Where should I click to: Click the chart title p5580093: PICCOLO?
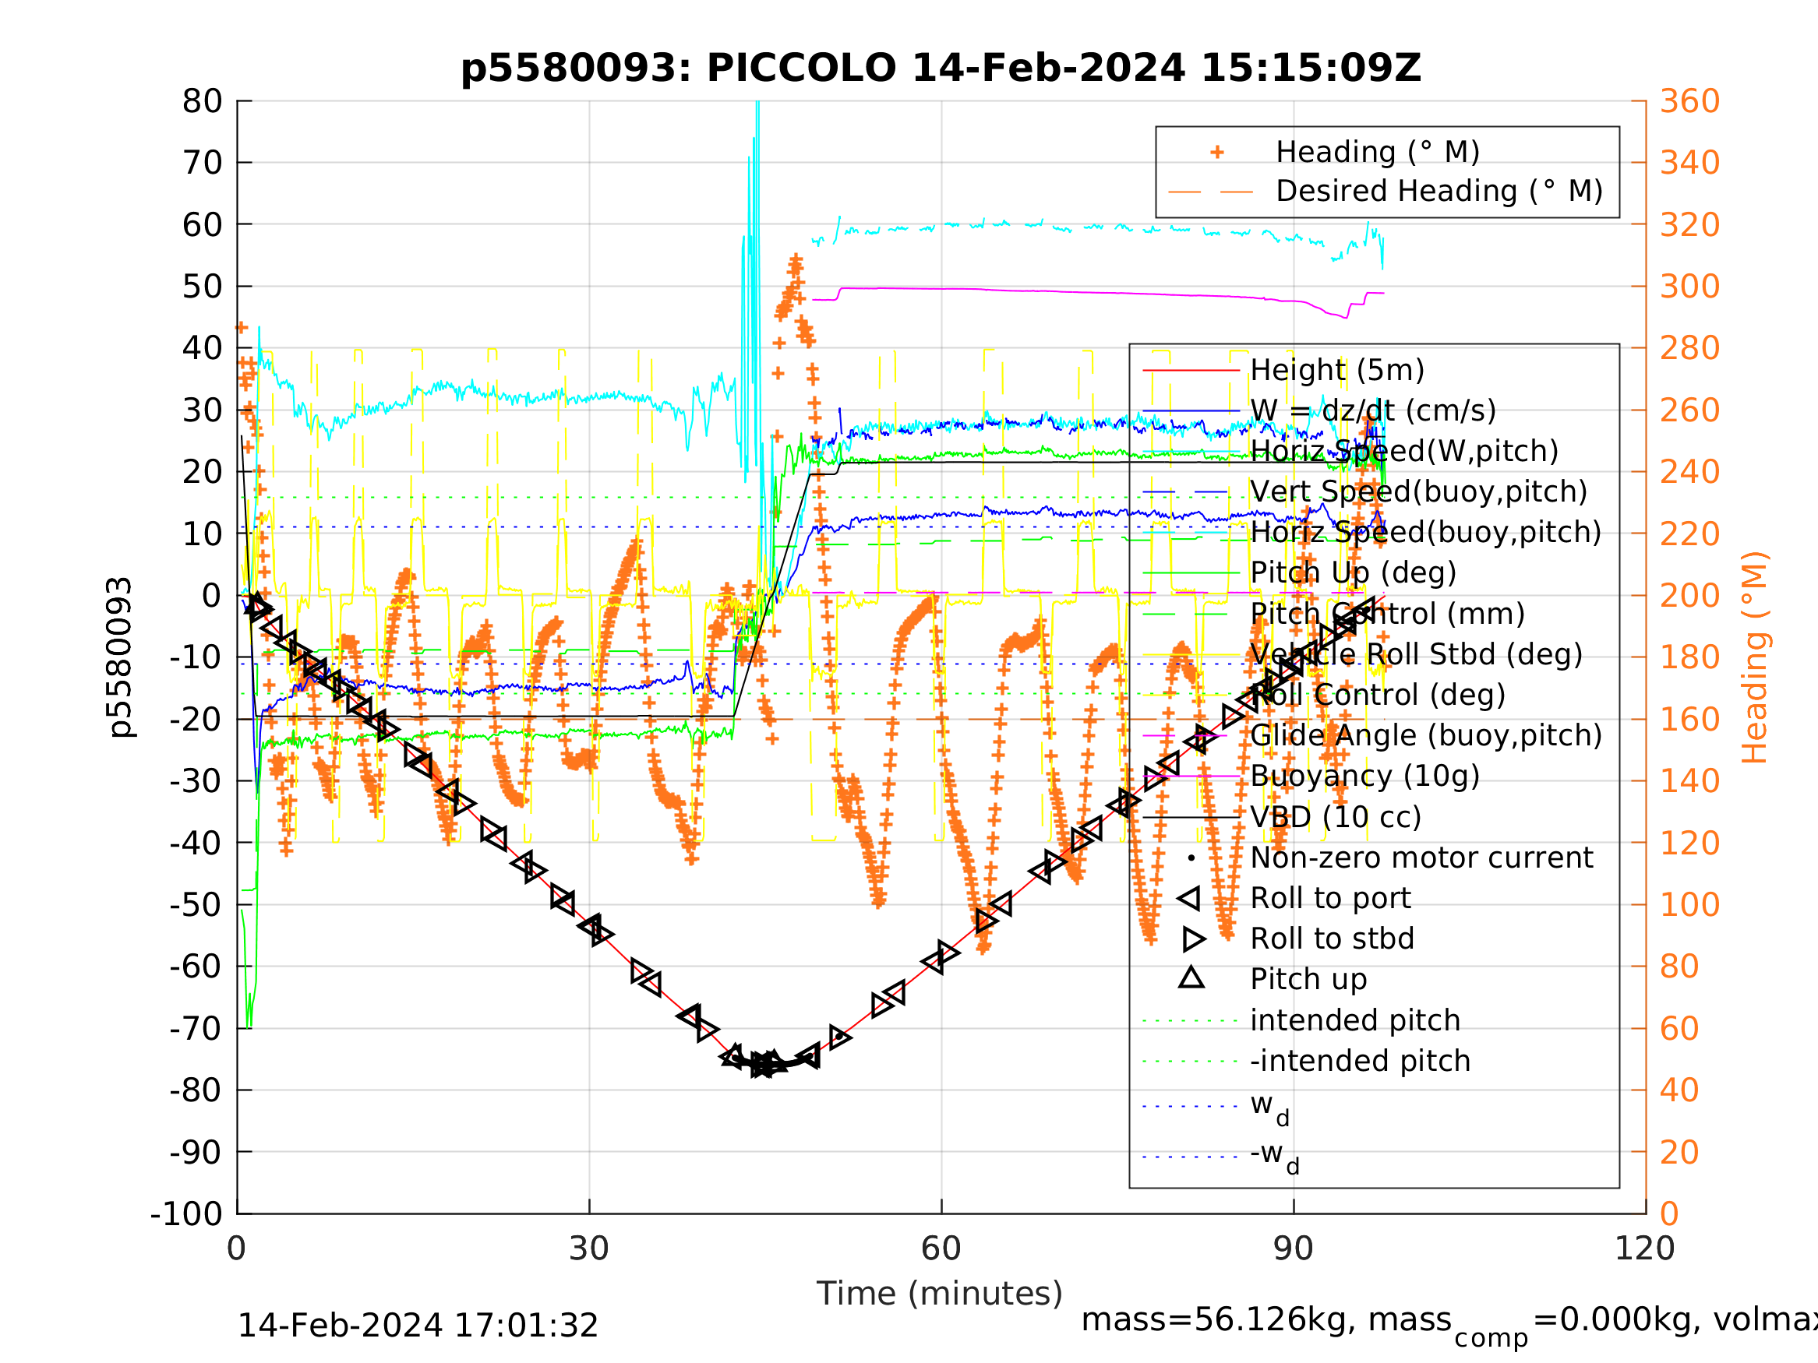[941, 69]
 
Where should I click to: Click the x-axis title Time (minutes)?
[940, 1293]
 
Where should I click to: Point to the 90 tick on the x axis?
[1293, 1249]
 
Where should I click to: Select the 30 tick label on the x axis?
[588, 1249]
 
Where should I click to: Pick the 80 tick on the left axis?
[202, 102]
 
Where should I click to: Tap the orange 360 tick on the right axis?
[1689, 102]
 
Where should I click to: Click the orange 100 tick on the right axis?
[1689, 904]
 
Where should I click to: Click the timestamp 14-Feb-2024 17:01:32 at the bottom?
[418, 1325]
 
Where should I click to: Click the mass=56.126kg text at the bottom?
[1266, 1319]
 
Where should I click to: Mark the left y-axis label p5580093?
[121, 657]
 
